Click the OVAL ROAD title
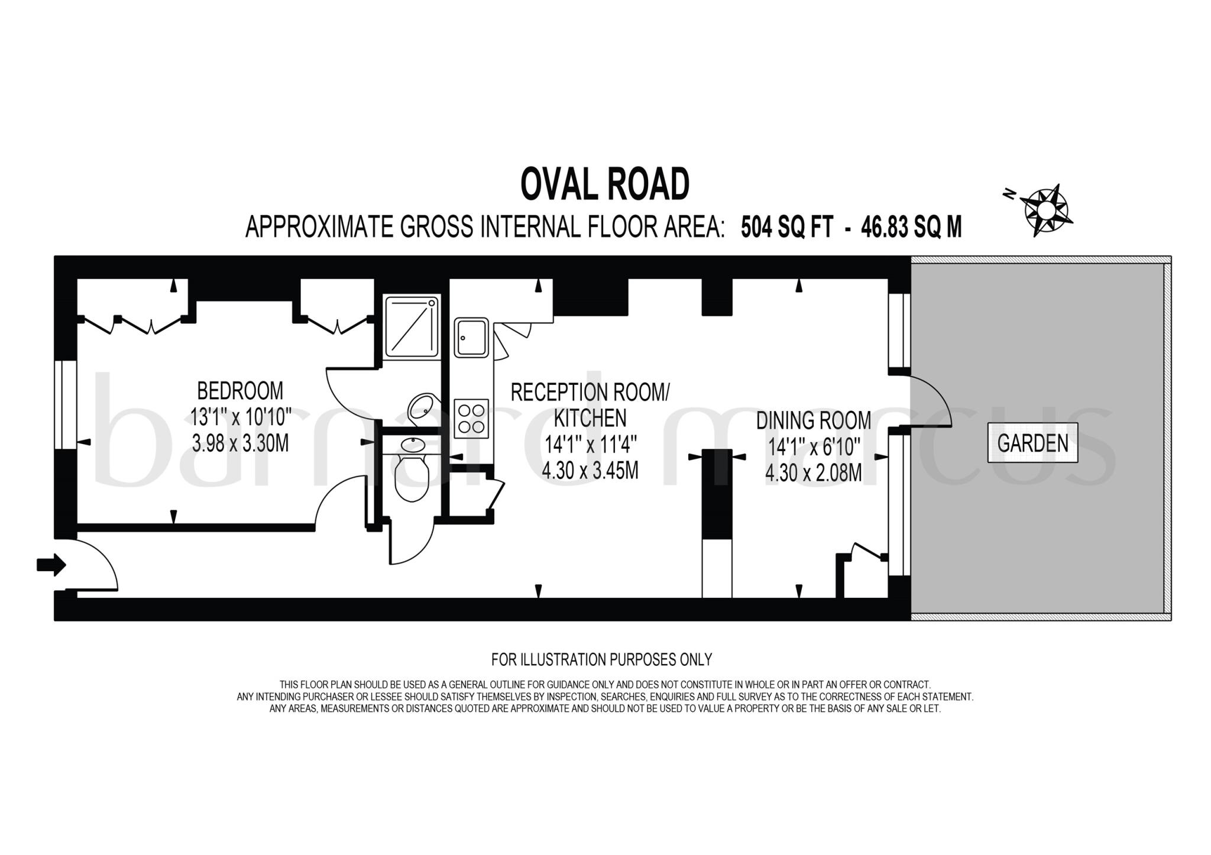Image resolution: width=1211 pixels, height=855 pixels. click(x=604, y=184)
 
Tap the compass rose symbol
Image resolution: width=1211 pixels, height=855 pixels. click(x=1045, y=210)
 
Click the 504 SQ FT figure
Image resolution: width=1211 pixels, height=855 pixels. click(x=787, y=227)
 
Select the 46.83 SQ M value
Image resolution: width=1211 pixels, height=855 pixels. click(x=911, y=227)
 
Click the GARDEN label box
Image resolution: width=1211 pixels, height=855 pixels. click(x=1032, y=443)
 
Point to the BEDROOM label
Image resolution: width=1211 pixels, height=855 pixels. click(x=239, y=391)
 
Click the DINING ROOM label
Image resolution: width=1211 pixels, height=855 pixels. click(x=813, y=420)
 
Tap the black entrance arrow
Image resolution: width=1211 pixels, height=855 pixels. click(x=51, y=565)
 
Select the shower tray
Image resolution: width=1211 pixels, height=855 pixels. click(x=412, y=327)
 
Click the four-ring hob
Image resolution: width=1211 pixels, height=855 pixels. click(x=471, y=419)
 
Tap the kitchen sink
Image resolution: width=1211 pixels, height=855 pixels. click(x=471, y=338)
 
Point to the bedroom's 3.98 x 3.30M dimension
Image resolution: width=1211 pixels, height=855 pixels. click(x=240, y=443)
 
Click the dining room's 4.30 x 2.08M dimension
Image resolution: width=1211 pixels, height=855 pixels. click(x=813, y=473)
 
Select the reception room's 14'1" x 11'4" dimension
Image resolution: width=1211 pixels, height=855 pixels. click(x=590, y=444)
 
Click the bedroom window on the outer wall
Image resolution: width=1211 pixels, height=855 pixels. click(x=66, y=404)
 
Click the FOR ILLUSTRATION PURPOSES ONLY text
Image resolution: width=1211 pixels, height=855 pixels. click(x=601, y=659)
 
